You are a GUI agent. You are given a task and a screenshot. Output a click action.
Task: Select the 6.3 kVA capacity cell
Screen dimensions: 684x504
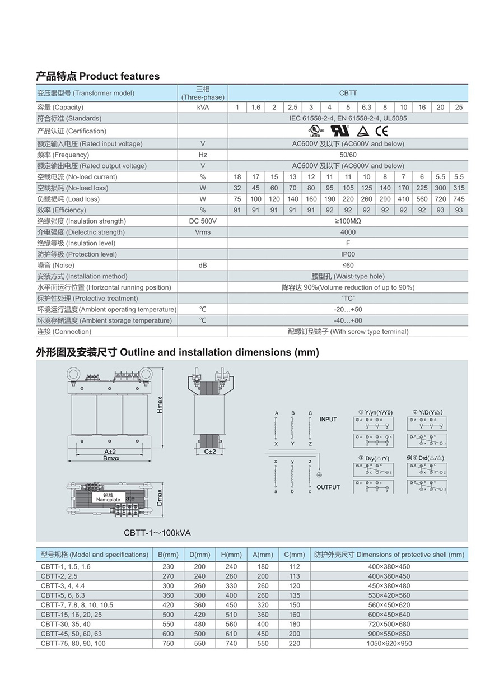(366, 107)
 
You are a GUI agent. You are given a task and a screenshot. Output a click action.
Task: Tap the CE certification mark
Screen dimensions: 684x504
(381, 131)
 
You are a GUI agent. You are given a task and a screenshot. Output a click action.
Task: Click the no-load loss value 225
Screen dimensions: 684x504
(422, 188)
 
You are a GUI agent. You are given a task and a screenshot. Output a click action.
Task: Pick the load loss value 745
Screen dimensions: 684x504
(459, 199)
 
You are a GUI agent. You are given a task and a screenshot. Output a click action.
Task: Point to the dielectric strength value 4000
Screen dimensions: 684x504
(348, 232)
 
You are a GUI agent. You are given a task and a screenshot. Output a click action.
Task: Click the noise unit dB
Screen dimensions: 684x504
(203, 265)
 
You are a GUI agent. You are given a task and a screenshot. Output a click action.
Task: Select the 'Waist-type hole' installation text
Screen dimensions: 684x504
(348, 276)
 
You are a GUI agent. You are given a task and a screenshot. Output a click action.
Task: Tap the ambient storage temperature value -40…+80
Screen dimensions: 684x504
(348, 320)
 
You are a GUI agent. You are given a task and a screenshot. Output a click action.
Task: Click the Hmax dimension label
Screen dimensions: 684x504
(160, 404)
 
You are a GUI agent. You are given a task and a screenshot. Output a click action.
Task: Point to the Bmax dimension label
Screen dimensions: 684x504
(111, 458)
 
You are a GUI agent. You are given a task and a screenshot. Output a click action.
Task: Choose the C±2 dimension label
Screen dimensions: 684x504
(210, 451)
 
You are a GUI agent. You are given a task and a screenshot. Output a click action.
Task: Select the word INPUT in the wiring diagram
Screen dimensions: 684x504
(328, 420)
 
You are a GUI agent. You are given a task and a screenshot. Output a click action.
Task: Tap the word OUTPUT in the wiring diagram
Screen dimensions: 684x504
(328, 487)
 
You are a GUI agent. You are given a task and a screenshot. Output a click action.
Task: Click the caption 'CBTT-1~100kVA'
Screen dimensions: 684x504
(157, 533)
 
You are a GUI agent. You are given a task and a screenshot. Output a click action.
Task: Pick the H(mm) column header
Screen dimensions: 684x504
(231, 555)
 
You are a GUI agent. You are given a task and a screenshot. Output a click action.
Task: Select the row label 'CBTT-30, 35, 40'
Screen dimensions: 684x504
(66, 624)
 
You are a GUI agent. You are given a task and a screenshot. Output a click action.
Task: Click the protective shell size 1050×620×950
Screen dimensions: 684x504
(389, 643)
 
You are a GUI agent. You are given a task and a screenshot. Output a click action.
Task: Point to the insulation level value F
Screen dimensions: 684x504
(348, 243)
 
